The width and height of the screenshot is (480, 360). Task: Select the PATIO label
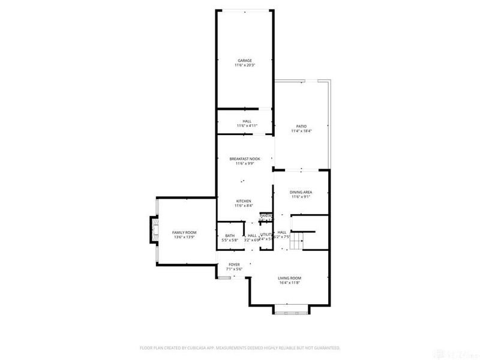301,126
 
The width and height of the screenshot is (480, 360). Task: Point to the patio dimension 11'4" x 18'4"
301,131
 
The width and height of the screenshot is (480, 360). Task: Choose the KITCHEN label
243,201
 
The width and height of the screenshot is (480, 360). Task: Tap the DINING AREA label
301,192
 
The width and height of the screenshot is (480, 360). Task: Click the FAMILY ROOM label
184,232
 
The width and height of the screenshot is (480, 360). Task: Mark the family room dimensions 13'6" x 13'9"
184,237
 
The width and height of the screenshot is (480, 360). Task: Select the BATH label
230,235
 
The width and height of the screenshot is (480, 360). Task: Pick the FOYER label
234,265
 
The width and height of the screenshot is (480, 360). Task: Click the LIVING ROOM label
289,278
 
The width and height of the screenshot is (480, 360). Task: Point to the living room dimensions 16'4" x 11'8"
289,283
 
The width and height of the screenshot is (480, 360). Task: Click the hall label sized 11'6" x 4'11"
247,121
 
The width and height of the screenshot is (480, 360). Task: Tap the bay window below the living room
290,310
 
